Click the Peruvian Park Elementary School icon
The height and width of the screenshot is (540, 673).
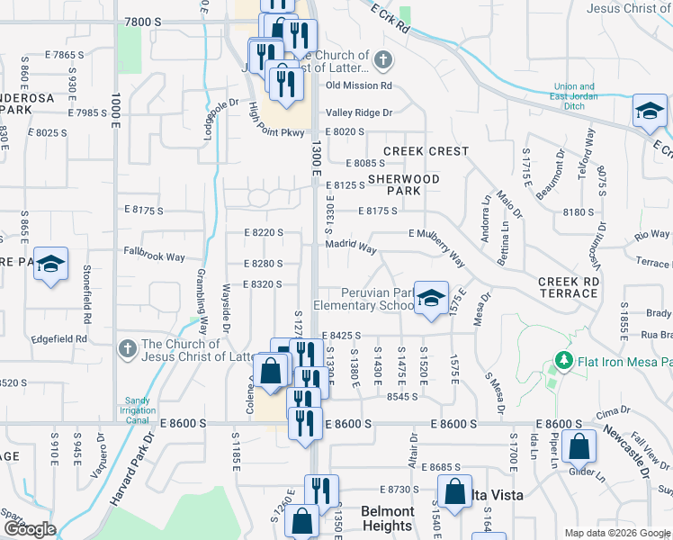pos(431,299)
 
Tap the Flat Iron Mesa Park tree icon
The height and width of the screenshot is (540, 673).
pos(564,362)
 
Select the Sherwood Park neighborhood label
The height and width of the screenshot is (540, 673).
pos(403,184)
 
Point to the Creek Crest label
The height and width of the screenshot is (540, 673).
pos(426,151)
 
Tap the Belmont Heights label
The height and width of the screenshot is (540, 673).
pos(387,518)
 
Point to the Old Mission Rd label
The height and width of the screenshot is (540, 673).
pos(359,85)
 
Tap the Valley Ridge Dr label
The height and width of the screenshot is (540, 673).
pos(359,112)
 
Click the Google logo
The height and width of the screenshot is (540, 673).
pos(29,528)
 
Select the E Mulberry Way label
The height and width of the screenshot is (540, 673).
pos(437,247)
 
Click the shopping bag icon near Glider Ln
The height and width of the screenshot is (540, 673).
pos(581,447)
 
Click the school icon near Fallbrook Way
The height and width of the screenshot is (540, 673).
pos(51,265)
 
